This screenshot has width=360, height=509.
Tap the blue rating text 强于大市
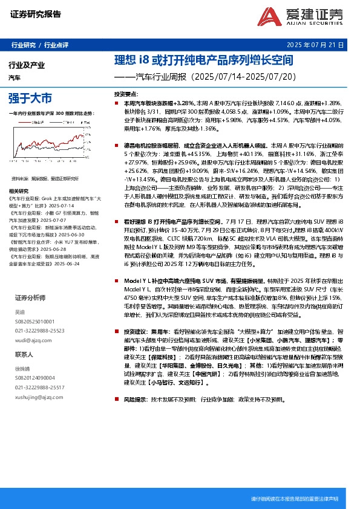(x=30, y=97)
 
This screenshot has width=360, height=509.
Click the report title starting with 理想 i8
(x=204, y=61)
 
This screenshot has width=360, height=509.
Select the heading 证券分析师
(x=30, y=298)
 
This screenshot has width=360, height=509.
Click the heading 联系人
(x=24, y=354)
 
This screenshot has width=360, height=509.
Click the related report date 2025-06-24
(x=73, y=264)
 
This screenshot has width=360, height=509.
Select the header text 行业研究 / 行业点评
(x=40, y=45)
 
